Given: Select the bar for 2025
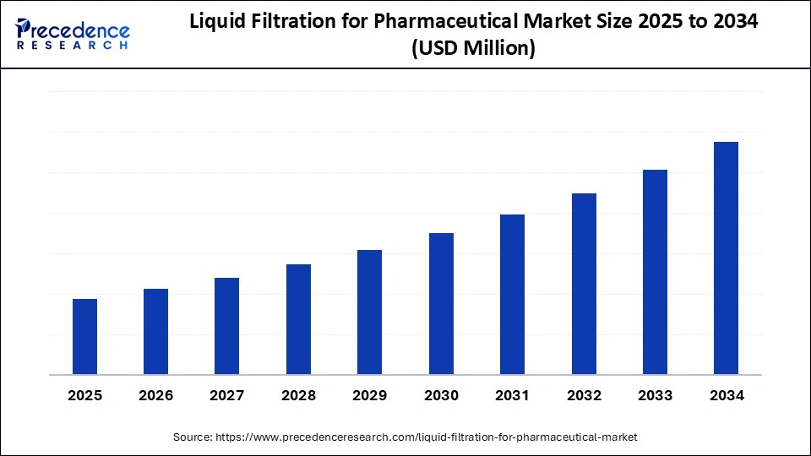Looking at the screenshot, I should [x=84, y=337].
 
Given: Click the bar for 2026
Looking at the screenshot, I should [x=156, y=332].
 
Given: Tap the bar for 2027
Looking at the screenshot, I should [x=227, y=326].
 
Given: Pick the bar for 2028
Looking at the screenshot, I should [x=298, y=319].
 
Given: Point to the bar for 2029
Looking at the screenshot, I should [x=370, y=312].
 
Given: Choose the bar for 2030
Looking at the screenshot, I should [x=441, y=304].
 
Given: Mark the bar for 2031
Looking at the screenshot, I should [x=512, y=295].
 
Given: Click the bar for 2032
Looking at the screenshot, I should [x=584, y=284].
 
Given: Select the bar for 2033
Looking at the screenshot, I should [x=655, y=272].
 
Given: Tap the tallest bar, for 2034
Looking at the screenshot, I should [x=726, y=258].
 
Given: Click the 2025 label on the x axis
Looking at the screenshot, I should [x=84, y=395].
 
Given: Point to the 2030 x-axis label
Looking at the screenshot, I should [x=441, y=395].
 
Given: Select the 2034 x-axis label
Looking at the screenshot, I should [x=726, y=395].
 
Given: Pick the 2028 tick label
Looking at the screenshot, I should [x=298, y=395].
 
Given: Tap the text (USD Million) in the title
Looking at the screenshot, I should [x=473, y=50].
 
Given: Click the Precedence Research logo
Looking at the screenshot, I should [x=73, y=34].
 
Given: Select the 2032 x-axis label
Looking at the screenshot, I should [x=584, y=395].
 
